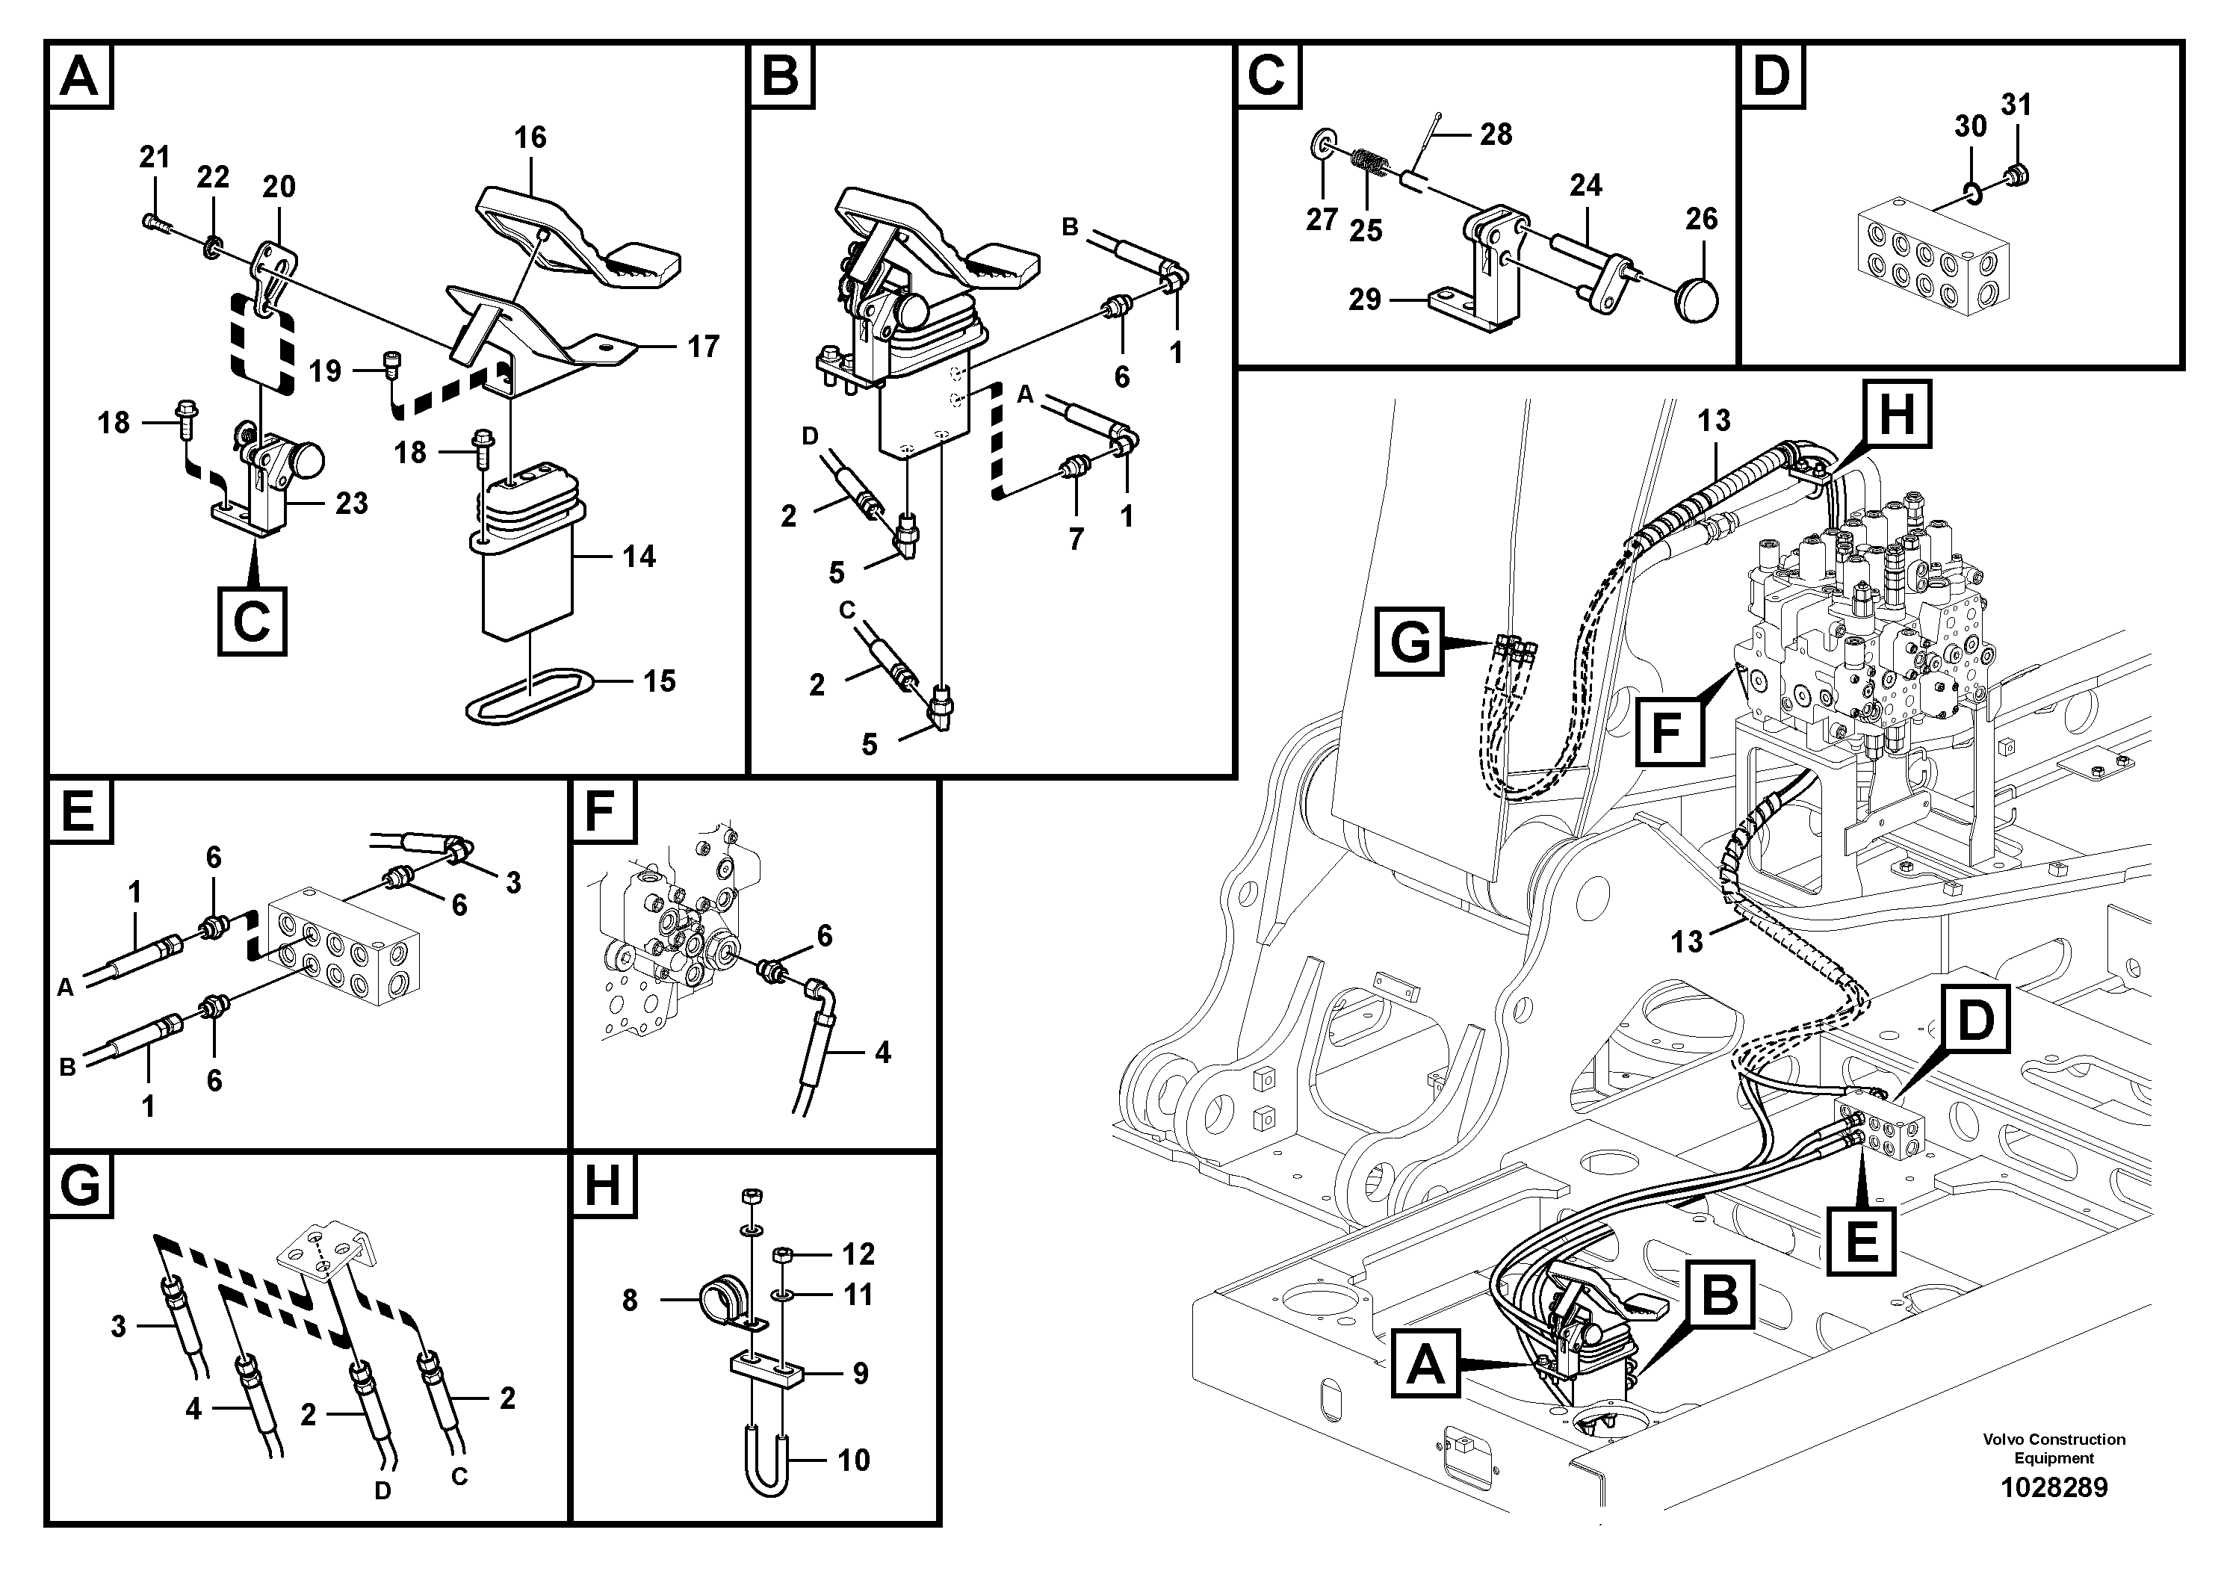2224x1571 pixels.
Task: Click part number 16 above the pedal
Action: click(x=530, y=137)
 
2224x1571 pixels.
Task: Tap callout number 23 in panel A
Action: click(x=352, y=503)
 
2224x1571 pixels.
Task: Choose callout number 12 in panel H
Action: click(x=858, y=1254)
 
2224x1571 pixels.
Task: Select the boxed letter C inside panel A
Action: click(x=252, y=621)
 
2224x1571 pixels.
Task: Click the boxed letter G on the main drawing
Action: click(x=1410, y=641)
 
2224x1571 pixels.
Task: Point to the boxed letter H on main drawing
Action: click(x=1895, y=415)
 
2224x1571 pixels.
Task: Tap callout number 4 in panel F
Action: click(x=882, y=1053)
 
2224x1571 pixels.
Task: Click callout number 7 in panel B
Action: click(x=1077, y=539)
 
